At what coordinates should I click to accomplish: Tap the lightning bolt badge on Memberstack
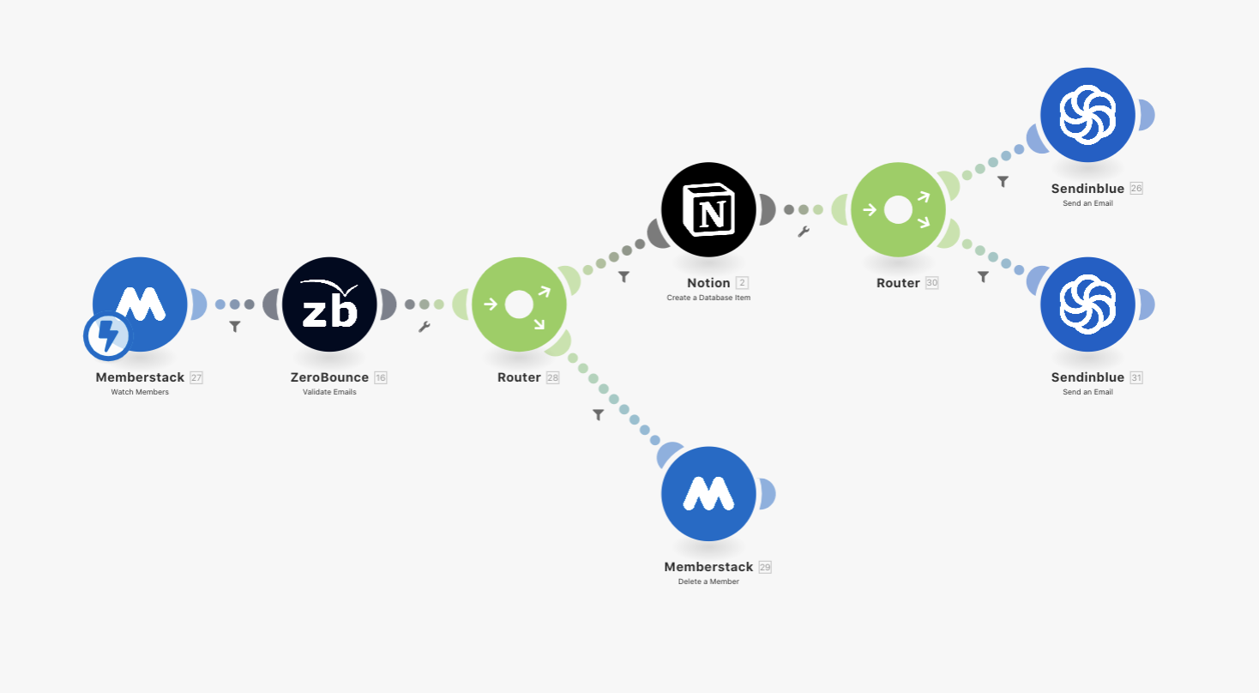tap(107, 336)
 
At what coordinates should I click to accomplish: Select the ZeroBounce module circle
tap(330, 304)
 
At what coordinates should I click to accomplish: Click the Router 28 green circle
tap(519, 304)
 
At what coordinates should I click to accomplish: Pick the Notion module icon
tap(709, 208)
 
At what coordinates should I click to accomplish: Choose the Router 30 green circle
tap(898, 209)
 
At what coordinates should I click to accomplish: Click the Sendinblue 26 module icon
tap(1087, 115)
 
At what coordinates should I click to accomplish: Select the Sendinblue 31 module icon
tap(1087, 304)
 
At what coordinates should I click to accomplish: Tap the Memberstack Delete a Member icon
tap(709, 493)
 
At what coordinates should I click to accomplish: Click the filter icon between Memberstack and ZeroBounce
tap(235, 327)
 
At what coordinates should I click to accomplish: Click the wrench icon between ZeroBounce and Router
tap(424, 327)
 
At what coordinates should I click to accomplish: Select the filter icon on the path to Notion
tap(624, 277)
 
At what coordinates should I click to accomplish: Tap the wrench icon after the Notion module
tap(804, 232)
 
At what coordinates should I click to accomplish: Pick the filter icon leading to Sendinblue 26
tap(1003, 182)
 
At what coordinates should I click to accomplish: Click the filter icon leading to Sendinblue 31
tap(984, 277)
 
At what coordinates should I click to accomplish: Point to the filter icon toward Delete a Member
tap(599, 414)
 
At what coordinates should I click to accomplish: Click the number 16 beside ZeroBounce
tap(381, 377)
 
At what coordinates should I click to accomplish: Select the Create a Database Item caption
tap(708, 298)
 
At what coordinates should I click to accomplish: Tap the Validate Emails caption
tap(329, 392)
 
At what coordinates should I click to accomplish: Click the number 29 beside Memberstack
tap(765, 567)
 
